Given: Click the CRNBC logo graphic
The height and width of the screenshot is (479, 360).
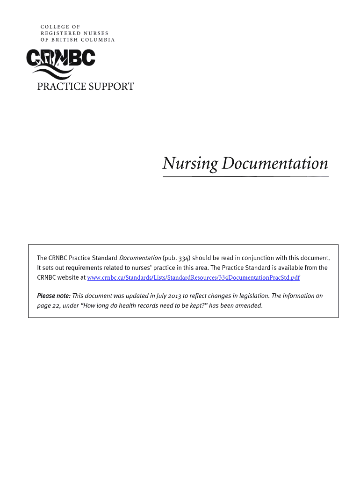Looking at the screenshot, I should point(60,63).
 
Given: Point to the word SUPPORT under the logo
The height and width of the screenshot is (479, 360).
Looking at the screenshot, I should point(110,87).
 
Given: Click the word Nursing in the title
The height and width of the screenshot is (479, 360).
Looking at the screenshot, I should point(190,164).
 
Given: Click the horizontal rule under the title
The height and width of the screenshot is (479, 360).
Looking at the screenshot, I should point(245,176).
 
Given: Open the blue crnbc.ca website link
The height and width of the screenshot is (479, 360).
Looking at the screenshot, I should point(193,278).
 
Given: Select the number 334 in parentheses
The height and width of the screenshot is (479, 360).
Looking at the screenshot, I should point(180,258).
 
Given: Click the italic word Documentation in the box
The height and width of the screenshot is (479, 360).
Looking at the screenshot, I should point(140,258).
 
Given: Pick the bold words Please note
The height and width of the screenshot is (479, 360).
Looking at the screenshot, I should point(53,296).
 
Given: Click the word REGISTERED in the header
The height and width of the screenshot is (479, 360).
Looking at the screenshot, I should point(58,33).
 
